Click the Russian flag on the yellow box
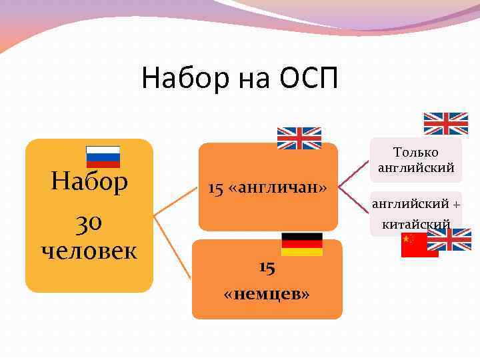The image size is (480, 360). pos(103,157)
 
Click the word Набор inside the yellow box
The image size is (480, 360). pos(89,182)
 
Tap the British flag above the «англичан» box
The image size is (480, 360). pos(299,137)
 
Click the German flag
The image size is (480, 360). pos(301,244)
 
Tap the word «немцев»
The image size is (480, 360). pos(267,294)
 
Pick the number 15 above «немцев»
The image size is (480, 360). pos(267,267)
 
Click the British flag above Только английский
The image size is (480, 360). pos(446,123)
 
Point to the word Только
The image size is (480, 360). pos(416,153)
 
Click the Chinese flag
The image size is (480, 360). pos(419,245)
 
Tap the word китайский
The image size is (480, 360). pos(416,225)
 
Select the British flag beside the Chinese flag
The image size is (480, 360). pos(453,239)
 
